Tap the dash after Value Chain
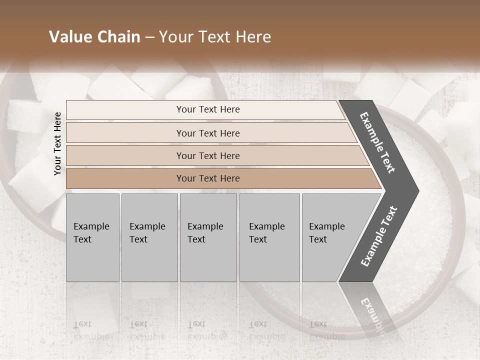[x=149, y=37]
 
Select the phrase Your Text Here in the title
[x=215, y=37]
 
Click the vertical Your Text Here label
[x=57, y=143]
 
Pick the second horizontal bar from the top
[x=207, y=133]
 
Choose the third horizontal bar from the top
[x=207, y=155]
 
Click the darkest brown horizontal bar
[x=207, y=178]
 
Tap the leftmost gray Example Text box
[x=92, y=237]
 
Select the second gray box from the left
[x=149, y=237]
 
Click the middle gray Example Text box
[x=208, y=237]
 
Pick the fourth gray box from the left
[x=269, y=237]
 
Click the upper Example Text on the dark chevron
[x=377, y=143]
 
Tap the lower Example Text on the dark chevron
[x=379, y=236]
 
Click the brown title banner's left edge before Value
[x=20, y=37]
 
